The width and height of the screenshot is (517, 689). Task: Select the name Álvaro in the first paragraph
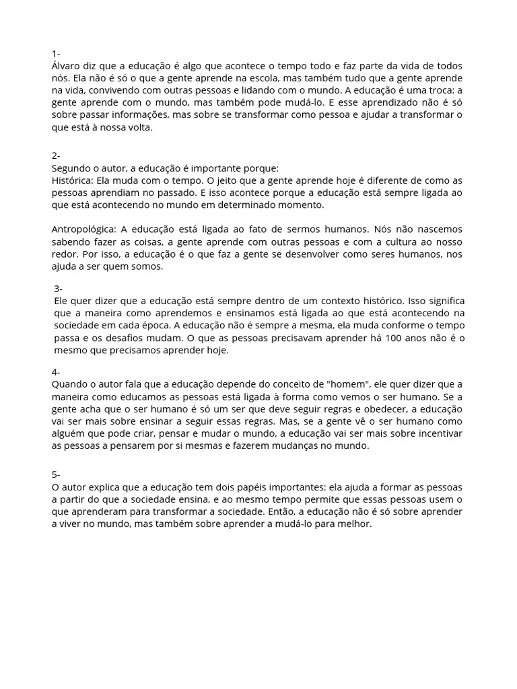tap(66, 65)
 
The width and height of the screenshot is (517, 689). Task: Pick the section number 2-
tap(56, 155)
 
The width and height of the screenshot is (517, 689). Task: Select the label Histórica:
tap(73, 180)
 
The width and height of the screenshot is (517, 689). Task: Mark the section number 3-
tap(58, 288)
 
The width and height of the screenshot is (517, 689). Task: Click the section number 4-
tap(56, 372)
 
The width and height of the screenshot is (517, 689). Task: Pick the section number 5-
tap(56, 474)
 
